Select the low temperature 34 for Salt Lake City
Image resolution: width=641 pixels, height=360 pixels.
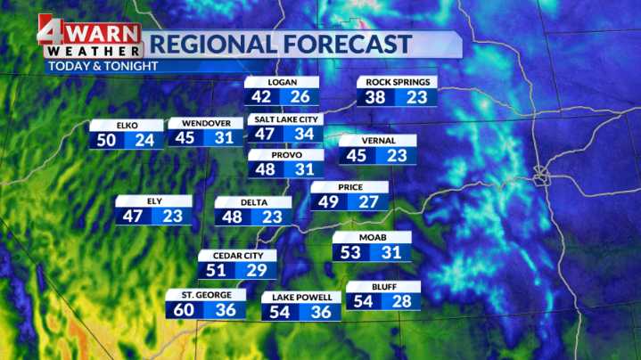pos(305,134)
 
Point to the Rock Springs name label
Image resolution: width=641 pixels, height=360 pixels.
pos(397,83)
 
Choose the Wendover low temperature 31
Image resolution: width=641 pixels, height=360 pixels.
pos(225,138)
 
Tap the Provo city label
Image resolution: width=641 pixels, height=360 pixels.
pos(285,155)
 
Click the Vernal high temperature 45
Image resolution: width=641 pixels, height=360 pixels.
pos(357,156)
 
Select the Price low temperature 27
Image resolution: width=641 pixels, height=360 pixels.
pos(369,202)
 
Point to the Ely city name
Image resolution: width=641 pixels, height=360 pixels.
pos(154,200)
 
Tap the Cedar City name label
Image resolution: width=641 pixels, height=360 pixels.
pos(237,255)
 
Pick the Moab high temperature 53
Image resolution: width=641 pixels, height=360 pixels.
pos(351,253)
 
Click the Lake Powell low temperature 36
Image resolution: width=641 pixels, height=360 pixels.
pos(320,312)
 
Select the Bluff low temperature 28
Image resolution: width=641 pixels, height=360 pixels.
pos(402,302)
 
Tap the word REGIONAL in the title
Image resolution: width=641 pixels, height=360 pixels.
pos(204,44)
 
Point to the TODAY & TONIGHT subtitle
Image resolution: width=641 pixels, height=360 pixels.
pos(103,66)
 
